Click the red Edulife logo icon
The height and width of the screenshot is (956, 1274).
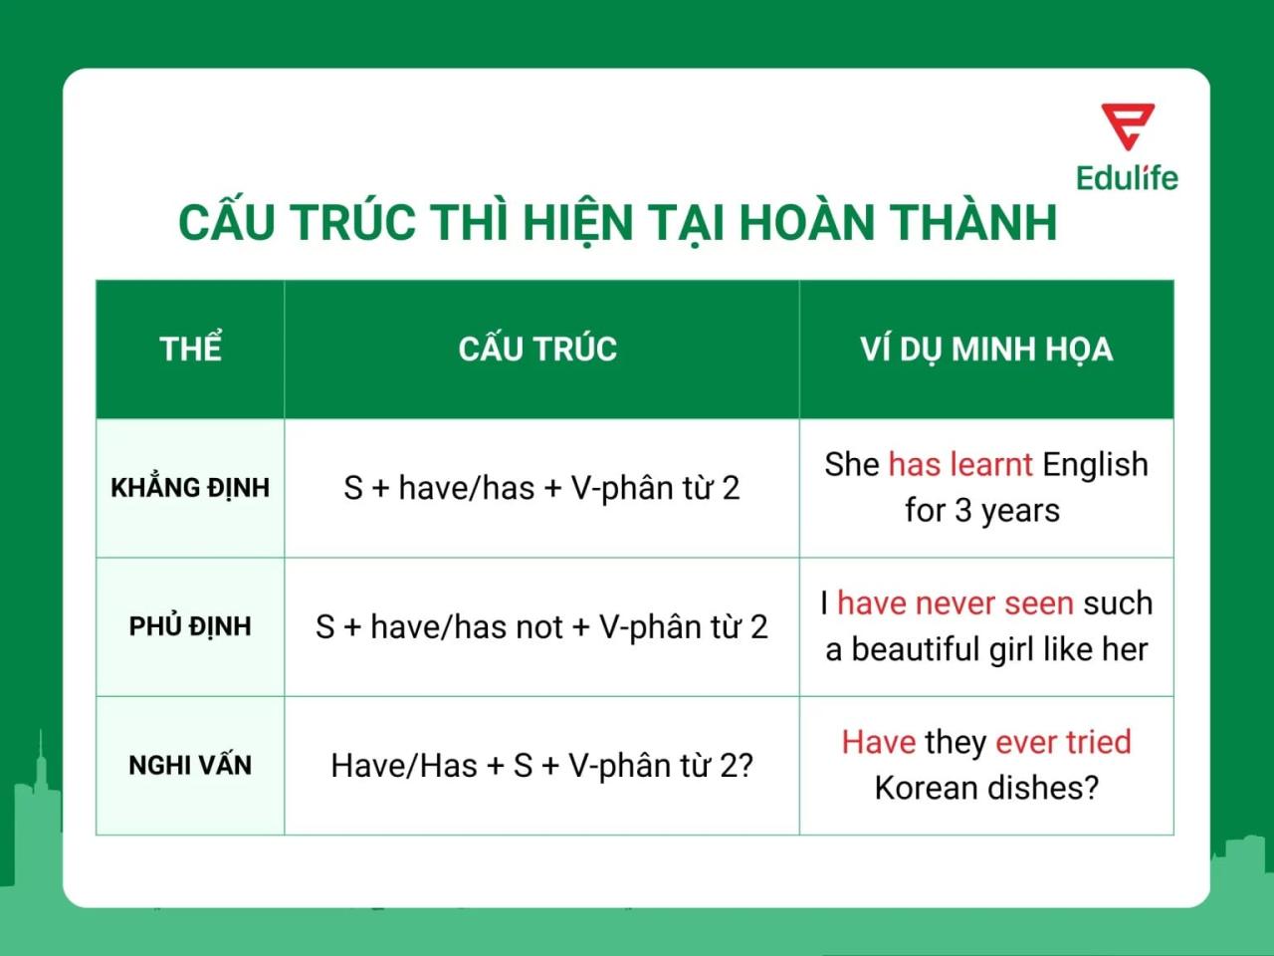1128,126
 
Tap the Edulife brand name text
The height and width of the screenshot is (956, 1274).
1127,178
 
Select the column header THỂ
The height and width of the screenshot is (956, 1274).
190,349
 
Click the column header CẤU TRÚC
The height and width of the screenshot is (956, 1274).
537,349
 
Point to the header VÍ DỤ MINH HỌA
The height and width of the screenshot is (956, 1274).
986,349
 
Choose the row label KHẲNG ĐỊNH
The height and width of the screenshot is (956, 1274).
190,488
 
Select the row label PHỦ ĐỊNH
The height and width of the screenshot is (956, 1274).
190,626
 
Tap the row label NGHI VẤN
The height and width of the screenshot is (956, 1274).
190,765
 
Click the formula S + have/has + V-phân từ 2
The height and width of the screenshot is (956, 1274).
541,488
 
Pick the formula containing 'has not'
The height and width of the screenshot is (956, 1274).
541,626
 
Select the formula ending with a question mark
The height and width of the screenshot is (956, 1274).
541,765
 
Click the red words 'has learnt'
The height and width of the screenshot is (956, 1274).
960,464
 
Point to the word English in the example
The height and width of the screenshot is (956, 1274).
1095,464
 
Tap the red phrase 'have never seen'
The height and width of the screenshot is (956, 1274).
955,602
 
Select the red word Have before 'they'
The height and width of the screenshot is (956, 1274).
878,742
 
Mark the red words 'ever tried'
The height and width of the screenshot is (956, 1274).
1063,742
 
